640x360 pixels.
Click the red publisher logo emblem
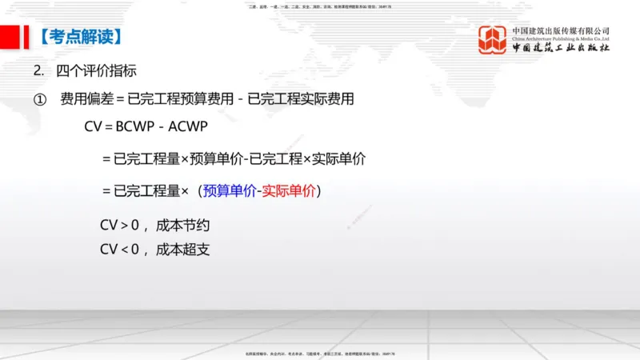(x=492, y=40)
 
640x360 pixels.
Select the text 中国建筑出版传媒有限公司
(x=561, y=30)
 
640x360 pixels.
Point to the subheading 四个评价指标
(x=97, y=70)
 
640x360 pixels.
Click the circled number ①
(x=39, y=99)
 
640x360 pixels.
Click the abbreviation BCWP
(x=134, y=126)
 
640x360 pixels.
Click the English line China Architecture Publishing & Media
(x=561, y=39)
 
